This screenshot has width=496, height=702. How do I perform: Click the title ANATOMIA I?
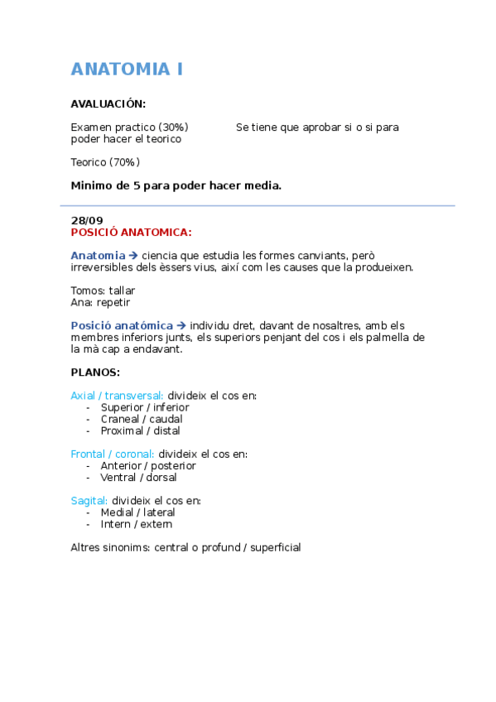(x=127, y=70)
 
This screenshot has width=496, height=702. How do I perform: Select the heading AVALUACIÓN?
(x=108, y=103)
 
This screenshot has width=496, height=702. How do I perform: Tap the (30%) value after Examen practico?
(x=173, y=127)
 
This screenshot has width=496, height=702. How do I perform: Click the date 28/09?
(x=87, y=220)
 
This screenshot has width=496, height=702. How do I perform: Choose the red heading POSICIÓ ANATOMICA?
(x=131, y=233)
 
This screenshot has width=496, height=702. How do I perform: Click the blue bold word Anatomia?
(x=98, y=256)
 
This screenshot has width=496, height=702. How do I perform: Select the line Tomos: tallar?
(x=103, y=291)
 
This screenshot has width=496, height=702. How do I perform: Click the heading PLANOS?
(x=95, y=373)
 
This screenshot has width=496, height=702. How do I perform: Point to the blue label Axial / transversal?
(x=118, y=396)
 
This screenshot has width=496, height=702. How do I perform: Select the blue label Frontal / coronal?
(x=113, y=454)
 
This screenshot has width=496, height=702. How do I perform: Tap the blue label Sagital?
(x=89, y=500)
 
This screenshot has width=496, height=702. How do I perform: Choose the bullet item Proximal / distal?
(x=140, y=430)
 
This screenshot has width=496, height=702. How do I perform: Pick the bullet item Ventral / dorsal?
(x=138, y=477)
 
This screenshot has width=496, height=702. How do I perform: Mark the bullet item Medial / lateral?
(x=137, y=512)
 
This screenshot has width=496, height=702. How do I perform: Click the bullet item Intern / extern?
(x=136, y=524)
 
